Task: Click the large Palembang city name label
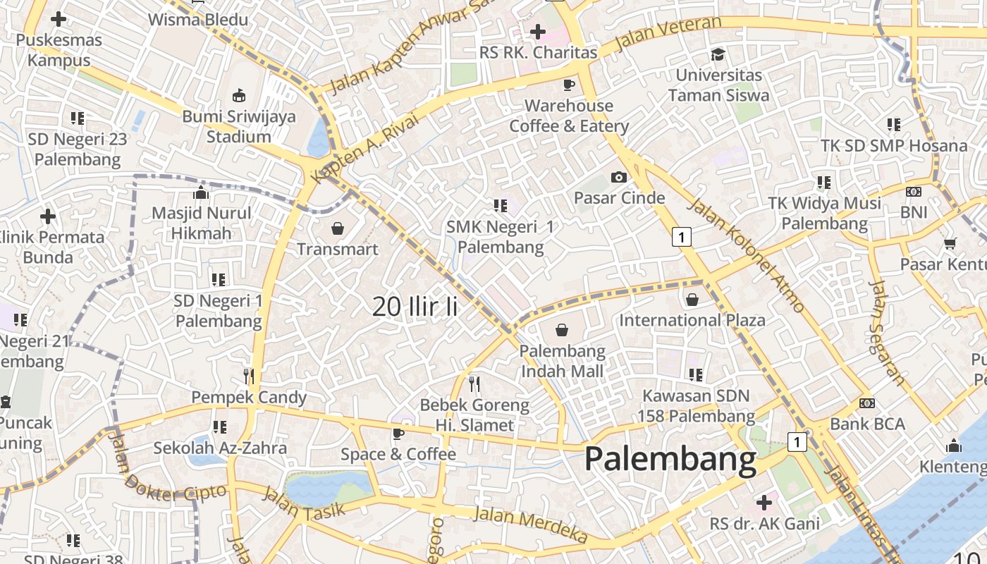(670, 459)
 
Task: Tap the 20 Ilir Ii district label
(415, 306)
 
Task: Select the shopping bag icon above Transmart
(337, 228)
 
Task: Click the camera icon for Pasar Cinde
(619, 177)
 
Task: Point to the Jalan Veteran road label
(668, 34)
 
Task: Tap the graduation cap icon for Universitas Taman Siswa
(718, 54)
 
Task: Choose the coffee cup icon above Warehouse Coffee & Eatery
(568, 85)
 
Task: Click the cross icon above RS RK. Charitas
(537, 32)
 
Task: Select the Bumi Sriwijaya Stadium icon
(239, 95)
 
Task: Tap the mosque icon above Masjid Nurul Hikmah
(201, 192)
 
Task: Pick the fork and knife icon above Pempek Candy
(248, 376)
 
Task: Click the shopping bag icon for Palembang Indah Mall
(562, 330)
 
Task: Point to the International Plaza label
(692, 320)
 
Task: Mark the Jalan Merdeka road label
(530, 524)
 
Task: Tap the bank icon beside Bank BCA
(866, 403)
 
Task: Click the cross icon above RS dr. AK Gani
(764, 503)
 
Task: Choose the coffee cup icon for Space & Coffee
(398, 433)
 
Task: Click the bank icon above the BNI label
(913, 192)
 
